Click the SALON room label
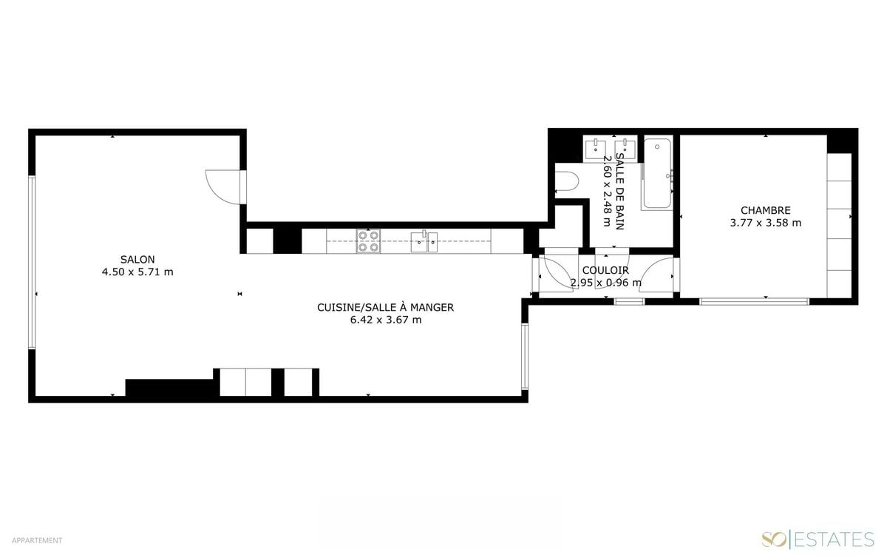click(x=137, y=259)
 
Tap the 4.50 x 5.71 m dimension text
click(x=137, y=272)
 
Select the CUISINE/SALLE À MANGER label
click(x=385, y=307)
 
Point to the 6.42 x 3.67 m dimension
click(x=386, y=320)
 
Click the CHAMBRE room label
click(x=766, y=210)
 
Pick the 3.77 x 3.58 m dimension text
click(x=766, y=223)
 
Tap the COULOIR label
click(x=605, y=270)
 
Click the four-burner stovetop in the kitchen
click(x=368, y=241)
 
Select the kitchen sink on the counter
click(x=424, y=242)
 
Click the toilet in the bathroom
click(x=567, y=181)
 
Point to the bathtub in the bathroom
click(x=657, y=173)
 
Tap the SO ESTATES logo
click(x=818, y=539)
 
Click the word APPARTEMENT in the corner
click(x=37, y=540)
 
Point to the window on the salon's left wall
click(x=32, y=263)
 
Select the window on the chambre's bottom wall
click(x=755, y=302)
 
